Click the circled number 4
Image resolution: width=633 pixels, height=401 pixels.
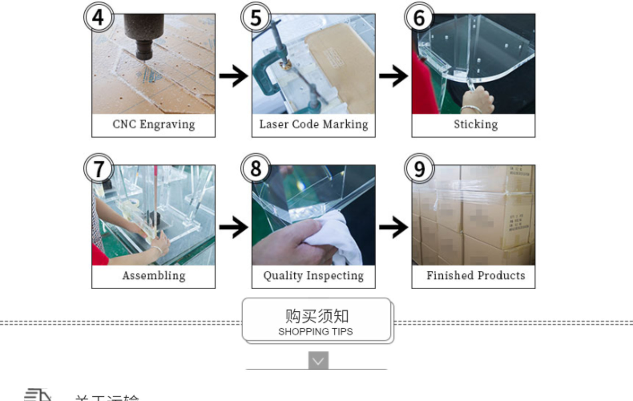pyautogui.click(x=98, y=18)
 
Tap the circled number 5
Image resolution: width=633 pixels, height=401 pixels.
pyautogui.click(x=256, y=18)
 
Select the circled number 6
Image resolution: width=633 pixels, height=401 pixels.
pyautogui.click(x=419, y=18)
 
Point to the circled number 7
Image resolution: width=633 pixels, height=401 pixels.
pyautogui.click(x=98, y=169)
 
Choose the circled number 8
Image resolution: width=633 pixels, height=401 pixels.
pyautogui.click(x=256, y=169)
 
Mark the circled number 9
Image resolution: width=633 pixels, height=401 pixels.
pyautogui.click(x=419, y=169)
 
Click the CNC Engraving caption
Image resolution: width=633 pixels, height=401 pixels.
pyautogui.click(x=153, y=124)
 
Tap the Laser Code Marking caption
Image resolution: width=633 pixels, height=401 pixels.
pyautogui.click(x=313, y=124)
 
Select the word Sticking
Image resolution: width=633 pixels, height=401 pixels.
pyautogui.click(x=476, y=124)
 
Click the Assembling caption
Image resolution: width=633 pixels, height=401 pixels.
pyautogui.click(x=153, y=275)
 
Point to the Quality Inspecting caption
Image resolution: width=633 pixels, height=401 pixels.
pyautogui.click(x=313, y=275)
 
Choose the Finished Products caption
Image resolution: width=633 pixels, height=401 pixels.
pyautogui.click(x=476, y=275)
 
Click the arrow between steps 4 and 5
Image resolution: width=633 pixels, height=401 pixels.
pyautogui.click(x=234, y=76)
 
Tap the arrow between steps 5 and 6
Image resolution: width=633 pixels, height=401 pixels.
pyautogui.click(x=393, y=76)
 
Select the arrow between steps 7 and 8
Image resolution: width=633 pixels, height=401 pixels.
pyautogui.click(x=234, y=227)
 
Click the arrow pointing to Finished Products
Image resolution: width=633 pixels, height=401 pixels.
pyautogui.click(x=393, y=227)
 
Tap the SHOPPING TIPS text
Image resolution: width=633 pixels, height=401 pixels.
pyautogui.click(x=316, y=332)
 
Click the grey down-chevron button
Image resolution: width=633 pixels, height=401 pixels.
pyautogui.click(x=318, y=360)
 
